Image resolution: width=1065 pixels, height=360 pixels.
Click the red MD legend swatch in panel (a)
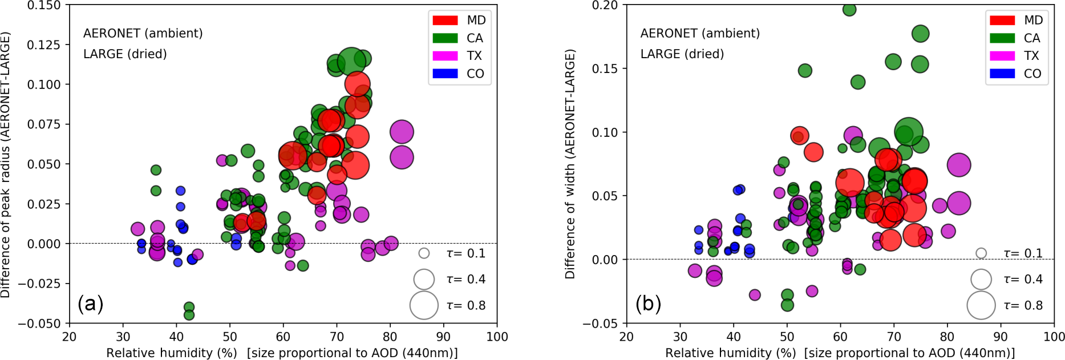[x=445, y=21]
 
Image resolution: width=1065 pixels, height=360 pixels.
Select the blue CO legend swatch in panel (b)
[x=1002, y=74]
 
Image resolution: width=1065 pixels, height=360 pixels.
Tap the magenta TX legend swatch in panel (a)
[x=445, y=56]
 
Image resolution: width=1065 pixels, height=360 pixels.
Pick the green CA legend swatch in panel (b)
[x=1002, y=38]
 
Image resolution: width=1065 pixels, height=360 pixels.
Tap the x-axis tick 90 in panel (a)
[x=443, y=337]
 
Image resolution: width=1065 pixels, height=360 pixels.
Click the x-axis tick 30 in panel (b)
[x=680, y=337]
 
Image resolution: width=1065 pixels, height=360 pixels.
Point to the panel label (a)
[x=91, y=303]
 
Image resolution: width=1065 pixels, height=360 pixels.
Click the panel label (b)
[x=648, y=304]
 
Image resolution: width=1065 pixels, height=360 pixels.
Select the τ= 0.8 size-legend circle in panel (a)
[x=424, y=305]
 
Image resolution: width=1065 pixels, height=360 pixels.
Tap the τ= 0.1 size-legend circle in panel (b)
[x=981, y=253]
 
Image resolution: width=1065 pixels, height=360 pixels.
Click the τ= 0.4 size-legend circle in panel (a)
[x=424, y=279]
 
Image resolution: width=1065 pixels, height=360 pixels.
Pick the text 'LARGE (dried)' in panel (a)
[x=125, y=54]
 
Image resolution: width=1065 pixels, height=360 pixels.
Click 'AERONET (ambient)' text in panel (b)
[x=700, y=34]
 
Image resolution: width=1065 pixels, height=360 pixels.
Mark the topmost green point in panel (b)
[x=849, y=9]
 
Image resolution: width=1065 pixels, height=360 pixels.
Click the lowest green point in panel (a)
[x=189, y=315]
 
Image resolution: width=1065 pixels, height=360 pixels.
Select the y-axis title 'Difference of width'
[x=570, y=164]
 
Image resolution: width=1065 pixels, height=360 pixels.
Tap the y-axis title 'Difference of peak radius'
[x=6, y=164]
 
